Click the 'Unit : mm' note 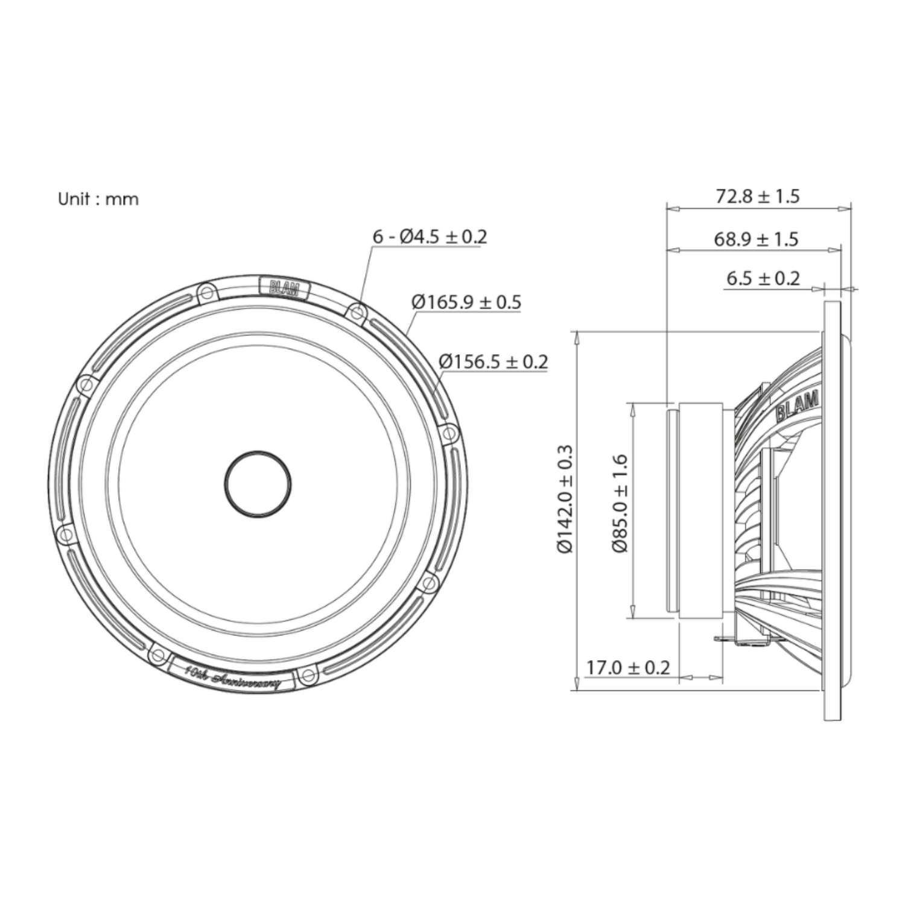coord(98,199)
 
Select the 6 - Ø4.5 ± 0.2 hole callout coord(430,237)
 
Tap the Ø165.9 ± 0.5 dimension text coord(466,302)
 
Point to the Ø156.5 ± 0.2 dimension coord(494,361)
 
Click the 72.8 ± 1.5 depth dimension coord(757,196)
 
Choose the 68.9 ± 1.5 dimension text coord(756,239)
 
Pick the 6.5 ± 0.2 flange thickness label coord(763,278)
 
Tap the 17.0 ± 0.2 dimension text coord(628,668)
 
